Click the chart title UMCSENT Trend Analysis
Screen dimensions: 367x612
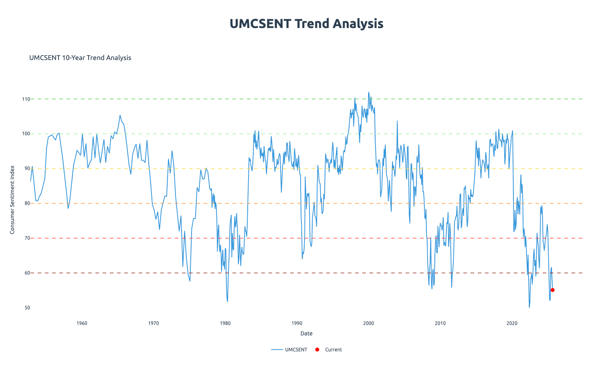coord(306,24)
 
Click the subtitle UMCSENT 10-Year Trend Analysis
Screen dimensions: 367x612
coord(80,58)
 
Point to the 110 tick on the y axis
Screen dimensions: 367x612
coord(26,99)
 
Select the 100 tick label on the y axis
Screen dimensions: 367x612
coord(26,134)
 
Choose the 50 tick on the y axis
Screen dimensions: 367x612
coord(27,308)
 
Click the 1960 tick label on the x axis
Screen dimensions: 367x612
coord(82,323)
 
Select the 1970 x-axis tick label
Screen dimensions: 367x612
coord(154,323)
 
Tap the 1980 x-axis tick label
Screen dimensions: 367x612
coord(225,323)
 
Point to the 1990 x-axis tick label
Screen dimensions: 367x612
coord(297,323)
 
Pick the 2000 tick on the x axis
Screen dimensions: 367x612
coord(369,323)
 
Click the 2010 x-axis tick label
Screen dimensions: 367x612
coord(440,323)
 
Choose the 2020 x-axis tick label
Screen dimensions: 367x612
coord(512,323)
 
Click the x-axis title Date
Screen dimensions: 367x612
coord(306,333)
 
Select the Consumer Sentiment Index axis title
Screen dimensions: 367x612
coord(12,200)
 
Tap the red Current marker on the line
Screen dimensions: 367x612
coord(552,290)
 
